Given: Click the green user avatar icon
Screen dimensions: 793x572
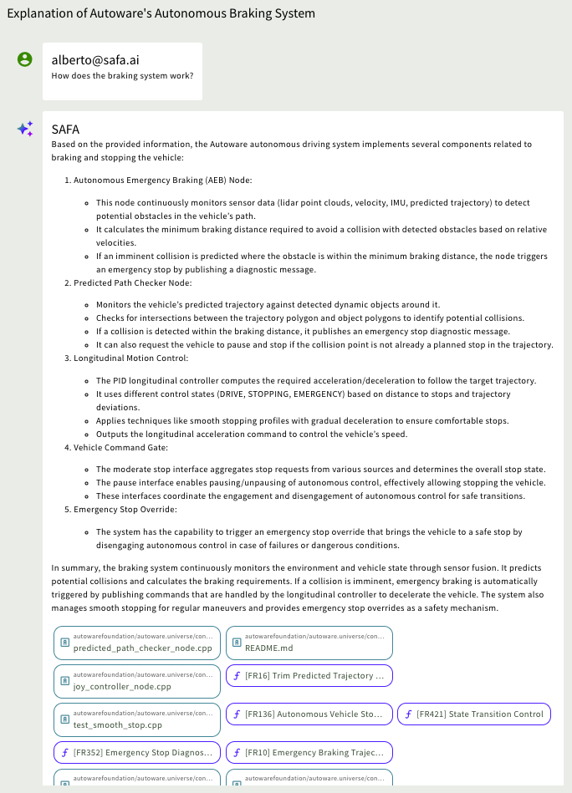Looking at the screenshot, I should coord(25,59).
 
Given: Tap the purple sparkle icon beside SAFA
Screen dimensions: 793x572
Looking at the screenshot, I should coord(25,129).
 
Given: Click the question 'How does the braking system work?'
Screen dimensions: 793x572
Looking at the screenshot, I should coord(122,76).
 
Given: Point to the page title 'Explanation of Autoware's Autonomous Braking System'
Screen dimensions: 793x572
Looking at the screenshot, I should coord(161,14).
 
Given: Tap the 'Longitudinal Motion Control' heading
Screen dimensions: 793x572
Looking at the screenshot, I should coord(130,358).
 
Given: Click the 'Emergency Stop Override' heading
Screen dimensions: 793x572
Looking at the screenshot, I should coord(125,509).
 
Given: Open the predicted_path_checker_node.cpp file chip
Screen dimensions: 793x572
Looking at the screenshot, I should coord(137,643).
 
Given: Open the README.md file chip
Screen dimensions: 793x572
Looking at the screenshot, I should coord(309,643).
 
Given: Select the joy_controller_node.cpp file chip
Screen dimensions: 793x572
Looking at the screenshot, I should coord(137,681).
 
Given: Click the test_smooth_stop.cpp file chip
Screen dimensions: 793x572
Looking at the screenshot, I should coord(137,719).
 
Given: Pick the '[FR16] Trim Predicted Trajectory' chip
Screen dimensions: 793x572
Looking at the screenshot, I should coord(309,675).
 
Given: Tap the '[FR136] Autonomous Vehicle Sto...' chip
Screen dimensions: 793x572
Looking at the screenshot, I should coord(309,714).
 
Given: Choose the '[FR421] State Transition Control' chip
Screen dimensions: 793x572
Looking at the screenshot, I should coord(473,714).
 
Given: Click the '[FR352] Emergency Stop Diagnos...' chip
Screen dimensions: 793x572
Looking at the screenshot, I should coord(137,752).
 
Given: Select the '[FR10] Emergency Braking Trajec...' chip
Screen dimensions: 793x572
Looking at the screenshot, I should coord(309,752).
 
